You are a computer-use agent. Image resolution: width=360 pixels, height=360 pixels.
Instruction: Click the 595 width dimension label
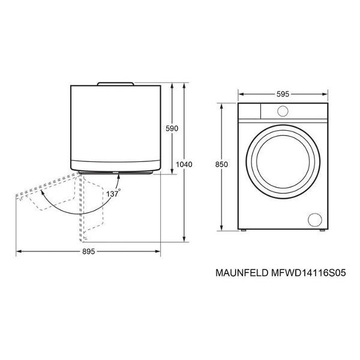pos(283,94)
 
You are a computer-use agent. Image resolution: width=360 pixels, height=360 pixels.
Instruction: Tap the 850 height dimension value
pos(221,164)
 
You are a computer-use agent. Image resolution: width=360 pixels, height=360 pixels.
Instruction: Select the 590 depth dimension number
pos(172,128)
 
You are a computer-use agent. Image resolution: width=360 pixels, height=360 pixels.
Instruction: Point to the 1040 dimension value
pos(184,164)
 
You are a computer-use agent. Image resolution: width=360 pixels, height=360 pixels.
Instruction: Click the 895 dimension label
pos(88,251)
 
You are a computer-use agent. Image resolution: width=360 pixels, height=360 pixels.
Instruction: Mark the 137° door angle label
pos(113,194)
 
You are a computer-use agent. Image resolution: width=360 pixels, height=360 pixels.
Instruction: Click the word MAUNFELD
pos(242,273)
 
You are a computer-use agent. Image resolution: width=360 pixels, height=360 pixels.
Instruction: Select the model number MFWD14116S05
pos(308,273)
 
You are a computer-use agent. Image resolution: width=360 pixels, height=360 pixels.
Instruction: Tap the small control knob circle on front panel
pos(283,112)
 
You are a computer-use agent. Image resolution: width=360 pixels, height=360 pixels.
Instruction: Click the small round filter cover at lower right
pos(315,220)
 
